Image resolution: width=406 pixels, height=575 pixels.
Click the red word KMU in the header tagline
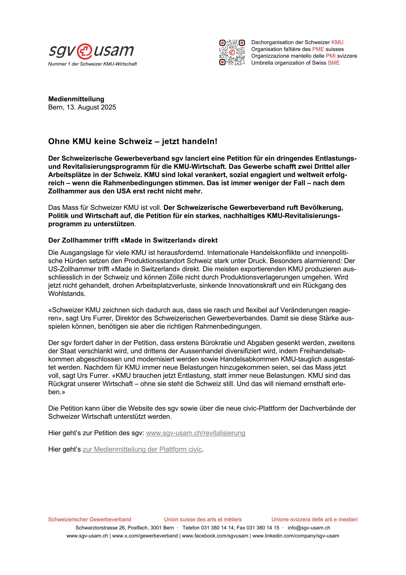tap(337, 42)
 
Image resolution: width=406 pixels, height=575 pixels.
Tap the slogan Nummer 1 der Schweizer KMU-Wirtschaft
tap(92, 64)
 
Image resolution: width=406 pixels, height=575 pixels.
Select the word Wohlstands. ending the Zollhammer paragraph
tap(67, 294)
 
